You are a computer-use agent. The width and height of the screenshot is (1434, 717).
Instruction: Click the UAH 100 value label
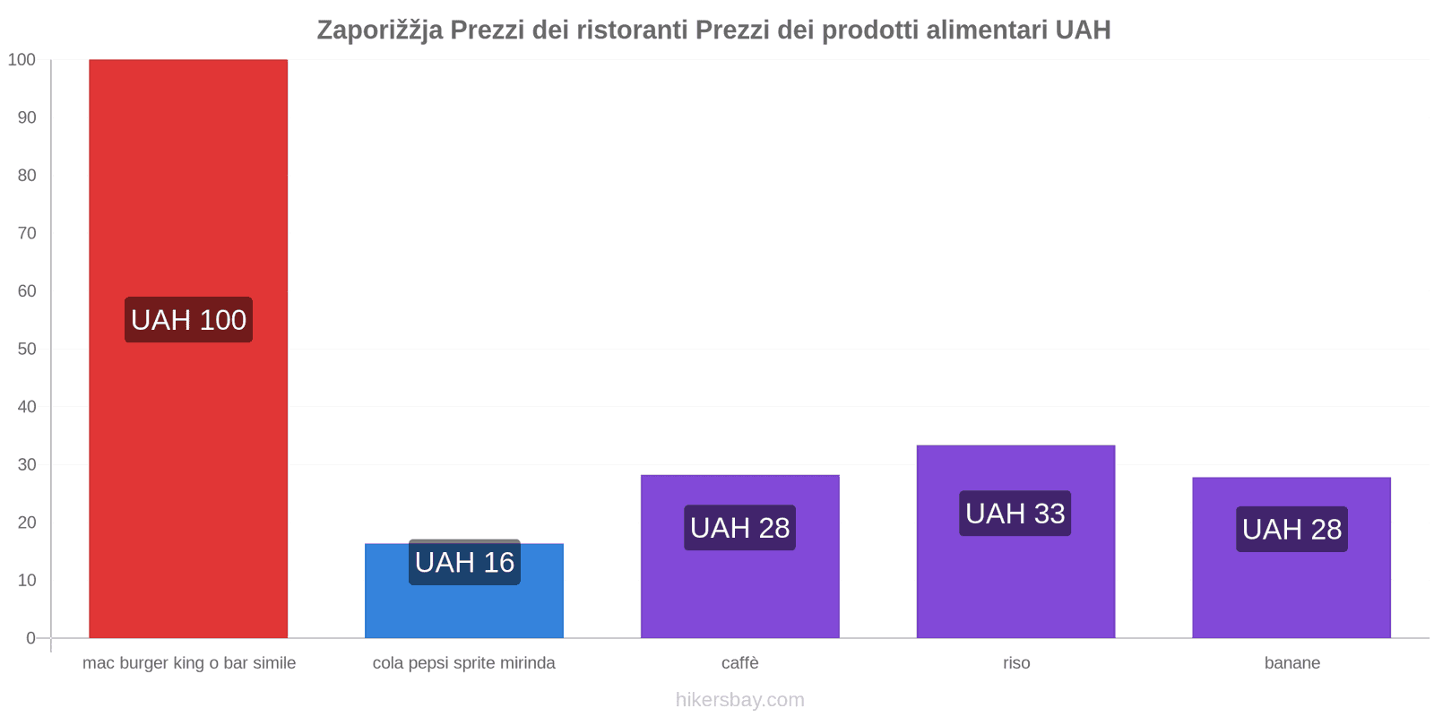click(188, 320)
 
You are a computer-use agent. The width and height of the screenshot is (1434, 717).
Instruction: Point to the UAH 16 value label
click(464, 562)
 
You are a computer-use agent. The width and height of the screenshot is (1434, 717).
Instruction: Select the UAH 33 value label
click(1015, 514)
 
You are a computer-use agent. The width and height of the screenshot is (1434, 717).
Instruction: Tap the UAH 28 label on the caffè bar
click(739, 528)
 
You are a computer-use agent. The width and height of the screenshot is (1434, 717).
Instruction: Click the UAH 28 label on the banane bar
click(1291, 530)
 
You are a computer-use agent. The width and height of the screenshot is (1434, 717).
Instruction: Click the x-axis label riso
click(1016, 663)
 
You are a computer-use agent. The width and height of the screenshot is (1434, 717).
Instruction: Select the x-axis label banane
click(1291, 663)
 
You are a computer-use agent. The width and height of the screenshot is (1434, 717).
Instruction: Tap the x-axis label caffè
click(739, 663)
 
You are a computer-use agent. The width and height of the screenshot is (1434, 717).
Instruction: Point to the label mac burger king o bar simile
click(189, 663)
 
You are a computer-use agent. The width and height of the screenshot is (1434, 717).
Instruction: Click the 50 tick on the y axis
click(27, 349)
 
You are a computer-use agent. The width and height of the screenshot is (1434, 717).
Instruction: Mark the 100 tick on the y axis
click(22, 60)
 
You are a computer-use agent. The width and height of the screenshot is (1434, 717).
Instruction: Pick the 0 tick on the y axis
click(31, 638)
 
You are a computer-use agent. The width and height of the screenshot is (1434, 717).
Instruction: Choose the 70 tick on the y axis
click(27, 233)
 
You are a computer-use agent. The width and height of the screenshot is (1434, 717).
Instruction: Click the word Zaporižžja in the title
click(379, 30)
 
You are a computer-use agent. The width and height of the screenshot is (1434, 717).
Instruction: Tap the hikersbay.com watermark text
click(739, 700)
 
